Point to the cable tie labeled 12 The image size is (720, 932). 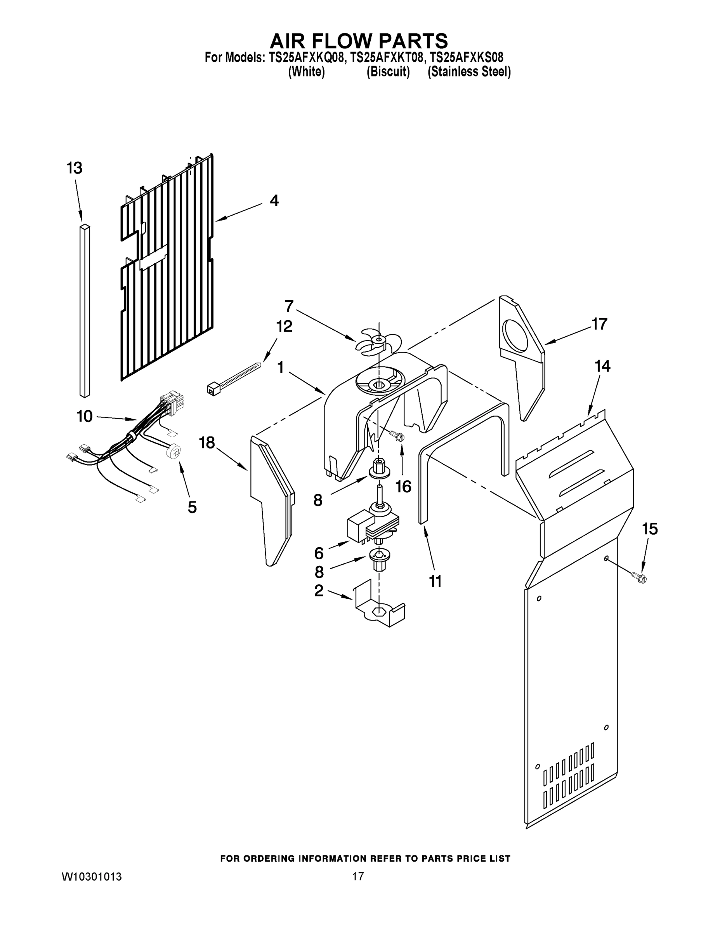[232, 376]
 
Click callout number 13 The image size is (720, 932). [74, 168]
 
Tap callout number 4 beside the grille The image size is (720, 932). [274, 200]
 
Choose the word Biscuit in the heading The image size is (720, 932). [388, 72]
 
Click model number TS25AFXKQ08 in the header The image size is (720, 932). [306, 57]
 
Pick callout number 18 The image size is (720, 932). [207, 443]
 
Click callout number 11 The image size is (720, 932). [435, 581]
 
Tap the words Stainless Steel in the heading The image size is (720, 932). [469, 72]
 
